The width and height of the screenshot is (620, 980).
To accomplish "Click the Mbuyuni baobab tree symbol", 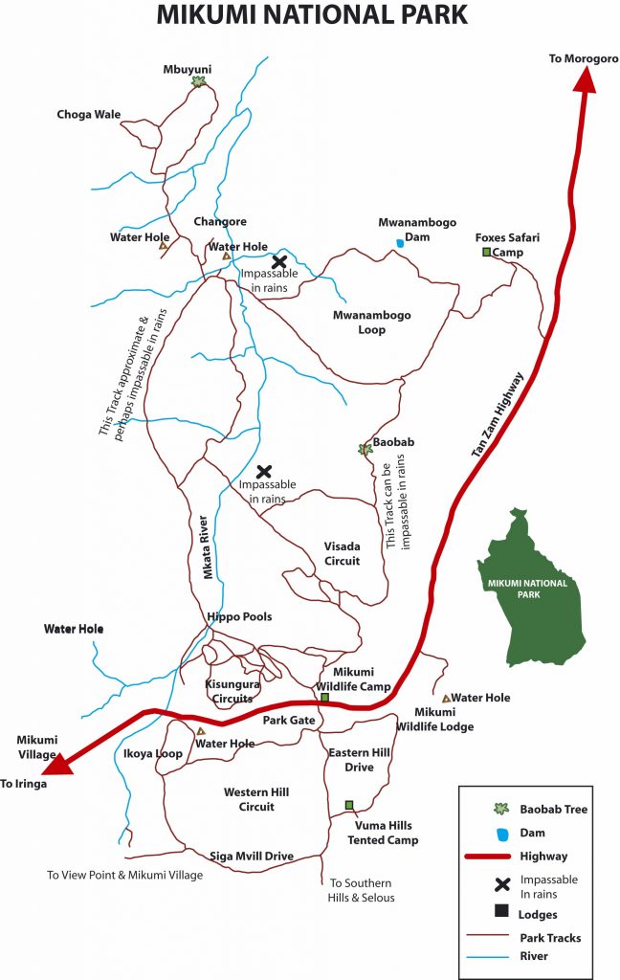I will pos(198,82).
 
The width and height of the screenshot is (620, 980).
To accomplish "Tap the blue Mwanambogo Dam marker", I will pos(400,244).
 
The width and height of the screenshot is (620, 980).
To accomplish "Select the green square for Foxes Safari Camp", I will pos(486,253).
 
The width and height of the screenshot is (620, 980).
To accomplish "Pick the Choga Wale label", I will pos(89,115).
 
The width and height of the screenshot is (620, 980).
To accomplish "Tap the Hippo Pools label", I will pos(239,617).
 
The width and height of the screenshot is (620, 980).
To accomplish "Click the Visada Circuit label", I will pos(343,554).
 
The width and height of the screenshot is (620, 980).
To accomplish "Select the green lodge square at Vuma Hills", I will pos(349,805).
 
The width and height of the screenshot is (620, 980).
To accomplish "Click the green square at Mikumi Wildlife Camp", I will pos(324,698).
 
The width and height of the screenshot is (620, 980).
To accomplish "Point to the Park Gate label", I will pos(289,720).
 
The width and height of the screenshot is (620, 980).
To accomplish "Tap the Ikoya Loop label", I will pos(152,754).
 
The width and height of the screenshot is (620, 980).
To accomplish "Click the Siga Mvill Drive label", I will pos(251,857).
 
